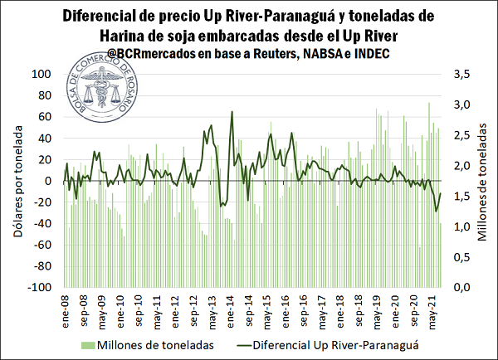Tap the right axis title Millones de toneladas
[482, 181]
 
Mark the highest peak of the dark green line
[232, 111]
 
